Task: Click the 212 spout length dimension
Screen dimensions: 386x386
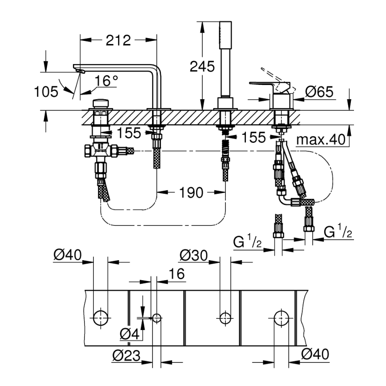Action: point(118,40)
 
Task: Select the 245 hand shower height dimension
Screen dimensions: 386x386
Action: point(202,66)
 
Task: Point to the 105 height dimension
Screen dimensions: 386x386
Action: point(47,92)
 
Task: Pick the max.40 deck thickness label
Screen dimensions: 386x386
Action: point(321,140)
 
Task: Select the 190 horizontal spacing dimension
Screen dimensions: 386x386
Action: point(191,193)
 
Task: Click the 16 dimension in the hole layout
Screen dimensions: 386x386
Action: point(177,274)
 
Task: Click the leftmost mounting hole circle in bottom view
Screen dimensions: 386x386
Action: point(101,317)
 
